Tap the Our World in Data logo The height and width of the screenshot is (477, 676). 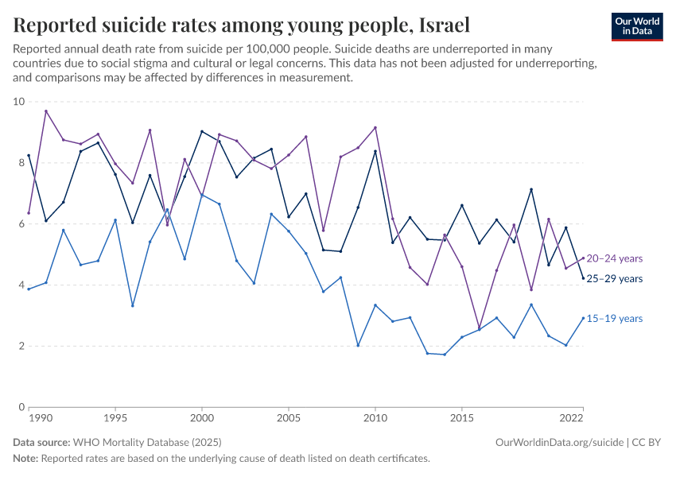[636, 26]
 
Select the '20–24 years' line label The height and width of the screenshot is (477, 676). [615, 258]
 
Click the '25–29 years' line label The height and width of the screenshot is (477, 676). [615, 279]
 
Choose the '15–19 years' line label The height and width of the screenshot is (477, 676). [615, 319]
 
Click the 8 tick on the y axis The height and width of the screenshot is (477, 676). [21, 163]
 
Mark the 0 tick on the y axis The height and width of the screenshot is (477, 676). [21, 407]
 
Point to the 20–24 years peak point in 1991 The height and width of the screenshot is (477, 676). [46, 111]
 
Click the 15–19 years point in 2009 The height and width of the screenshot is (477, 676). [358, 346]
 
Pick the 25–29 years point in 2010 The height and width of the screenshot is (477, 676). [375, 151]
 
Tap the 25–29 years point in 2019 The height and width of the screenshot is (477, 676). [531, 189]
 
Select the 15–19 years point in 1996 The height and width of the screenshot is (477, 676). [133, 305]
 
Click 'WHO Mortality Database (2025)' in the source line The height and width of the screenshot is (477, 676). [146, 442]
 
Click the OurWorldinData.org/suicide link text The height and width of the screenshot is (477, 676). [559, 442]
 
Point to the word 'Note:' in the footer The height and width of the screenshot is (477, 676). [25, 459]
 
